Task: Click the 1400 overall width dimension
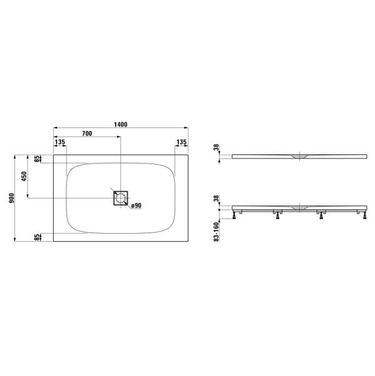pos(121,125)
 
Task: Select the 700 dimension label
pos(87,133)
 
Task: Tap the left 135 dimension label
pos(60,142)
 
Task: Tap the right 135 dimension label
pos(182,142)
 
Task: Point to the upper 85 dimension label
pos(37,159)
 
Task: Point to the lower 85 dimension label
pos(37,238)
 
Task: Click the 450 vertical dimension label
pos(24,176)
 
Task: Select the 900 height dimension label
pos(11,198)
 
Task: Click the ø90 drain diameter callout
pos(136,206)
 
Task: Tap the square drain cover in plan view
pos(121,198)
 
